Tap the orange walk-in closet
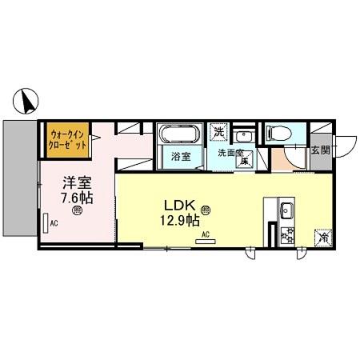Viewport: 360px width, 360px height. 68,139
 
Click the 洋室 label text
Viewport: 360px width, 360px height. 75,181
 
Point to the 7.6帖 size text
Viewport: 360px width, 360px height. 77,196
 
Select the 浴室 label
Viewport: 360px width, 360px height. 181,156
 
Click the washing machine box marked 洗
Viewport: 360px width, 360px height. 219,131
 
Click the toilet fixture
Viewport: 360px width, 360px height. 280,132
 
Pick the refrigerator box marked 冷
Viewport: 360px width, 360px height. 323,237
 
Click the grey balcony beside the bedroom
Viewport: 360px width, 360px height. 18,178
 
